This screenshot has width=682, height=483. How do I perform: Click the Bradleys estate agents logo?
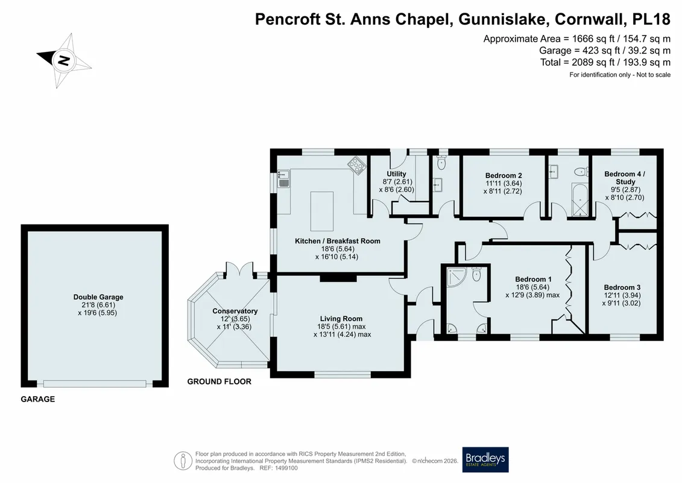[485, 459]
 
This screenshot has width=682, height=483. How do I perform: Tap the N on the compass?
[63, 60]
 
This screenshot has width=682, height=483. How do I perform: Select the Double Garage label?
[98, 297]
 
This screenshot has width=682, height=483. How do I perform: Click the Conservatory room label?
[235, 311]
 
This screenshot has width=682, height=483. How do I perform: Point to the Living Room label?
[341, 319]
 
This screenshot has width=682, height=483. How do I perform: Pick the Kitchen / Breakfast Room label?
[338, 241]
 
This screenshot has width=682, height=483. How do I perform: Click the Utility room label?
[396, 174]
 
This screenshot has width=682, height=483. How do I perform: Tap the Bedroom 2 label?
[504, 176]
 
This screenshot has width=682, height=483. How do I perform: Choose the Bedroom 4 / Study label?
[625, 178]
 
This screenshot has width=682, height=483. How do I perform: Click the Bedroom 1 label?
[533, 279]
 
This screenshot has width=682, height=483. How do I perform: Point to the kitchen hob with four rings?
[356, 166]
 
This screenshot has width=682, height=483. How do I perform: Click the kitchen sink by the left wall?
[284, 179]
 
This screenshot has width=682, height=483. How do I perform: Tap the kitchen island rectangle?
[322, 211]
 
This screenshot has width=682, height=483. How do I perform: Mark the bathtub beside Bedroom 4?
[579, 200]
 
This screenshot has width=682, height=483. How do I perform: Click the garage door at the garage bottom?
[95, 384]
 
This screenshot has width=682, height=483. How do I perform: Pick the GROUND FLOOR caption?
[219, 382]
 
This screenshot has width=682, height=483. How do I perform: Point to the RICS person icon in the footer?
[183, 461]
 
